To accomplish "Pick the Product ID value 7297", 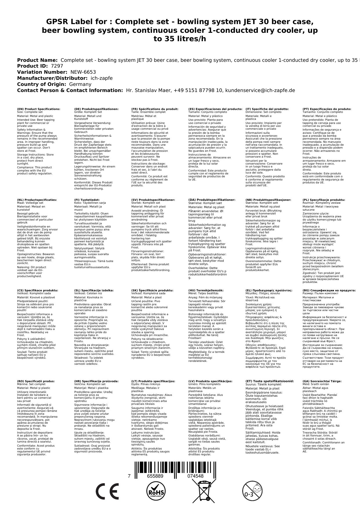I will point(57,66).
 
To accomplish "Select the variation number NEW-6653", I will point(83,72).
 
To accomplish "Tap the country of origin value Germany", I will point(80,84).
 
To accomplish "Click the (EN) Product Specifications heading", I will point(39,109).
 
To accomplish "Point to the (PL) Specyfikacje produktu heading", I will point(324,200).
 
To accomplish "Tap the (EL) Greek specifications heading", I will point(269,290).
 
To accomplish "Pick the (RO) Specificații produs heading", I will point(36,381).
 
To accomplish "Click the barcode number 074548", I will point(195,476).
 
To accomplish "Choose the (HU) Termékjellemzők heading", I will point(206,290).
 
